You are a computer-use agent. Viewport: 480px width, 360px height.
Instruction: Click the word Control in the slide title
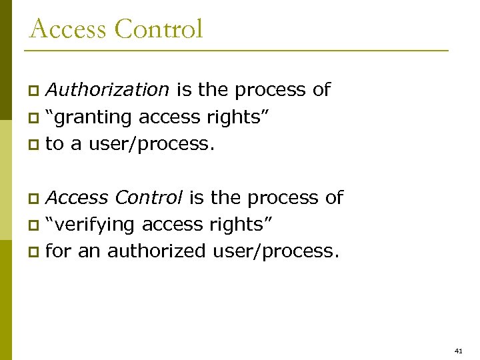(159, 29)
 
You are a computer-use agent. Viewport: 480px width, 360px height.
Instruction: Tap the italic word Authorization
(107, 89)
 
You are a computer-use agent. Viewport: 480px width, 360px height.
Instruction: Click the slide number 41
(458, 350)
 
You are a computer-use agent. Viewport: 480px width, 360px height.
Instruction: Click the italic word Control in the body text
(149, 197)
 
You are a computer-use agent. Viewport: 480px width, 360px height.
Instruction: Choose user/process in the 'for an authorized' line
(275, 251)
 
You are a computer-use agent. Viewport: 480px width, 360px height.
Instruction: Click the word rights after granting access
(243, 117)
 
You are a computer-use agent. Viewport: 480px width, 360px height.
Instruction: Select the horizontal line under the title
(237, 51)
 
